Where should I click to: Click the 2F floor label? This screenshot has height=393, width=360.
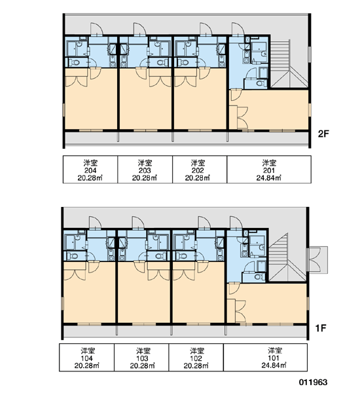323,134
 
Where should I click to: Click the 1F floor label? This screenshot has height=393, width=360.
321,328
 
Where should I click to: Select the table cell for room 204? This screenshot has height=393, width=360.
90,170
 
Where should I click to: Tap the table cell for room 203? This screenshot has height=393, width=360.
145,170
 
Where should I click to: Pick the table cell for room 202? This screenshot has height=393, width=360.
200,170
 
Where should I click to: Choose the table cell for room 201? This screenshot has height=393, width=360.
269,170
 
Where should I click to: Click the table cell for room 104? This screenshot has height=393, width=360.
86,358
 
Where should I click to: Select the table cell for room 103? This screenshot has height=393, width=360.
141,358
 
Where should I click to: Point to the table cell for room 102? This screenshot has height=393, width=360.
196,358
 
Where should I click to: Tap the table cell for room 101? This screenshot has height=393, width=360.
265,358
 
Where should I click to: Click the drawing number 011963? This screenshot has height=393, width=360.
313,383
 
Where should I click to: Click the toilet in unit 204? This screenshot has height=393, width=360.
74,62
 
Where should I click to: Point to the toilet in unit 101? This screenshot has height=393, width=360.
258,276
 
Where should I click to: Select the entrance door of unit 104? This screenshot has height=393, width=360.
95,223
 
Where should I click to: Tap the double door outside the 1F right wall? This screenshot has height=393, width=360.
317,260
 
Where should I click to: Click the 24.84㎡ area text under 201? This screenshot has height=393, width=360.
269,178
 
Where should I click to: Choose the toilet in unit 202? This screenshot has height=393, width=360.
184,62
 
